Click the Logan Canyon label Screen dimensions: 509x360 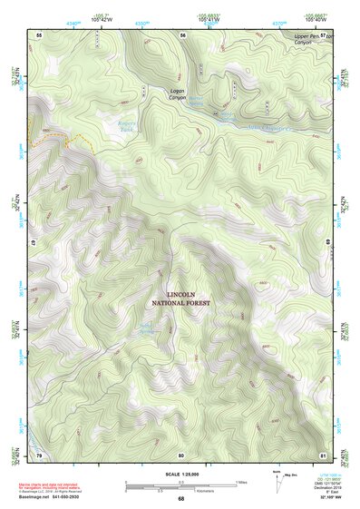point(179,93)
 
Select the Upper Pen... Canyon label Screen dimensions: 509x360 point(307,42)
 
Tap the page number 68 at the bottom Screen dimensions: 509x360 point(181,499)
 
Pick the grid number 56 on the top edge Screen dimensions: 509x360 point(183,34)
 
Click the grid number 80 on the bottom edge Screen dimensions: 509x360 point(181,454)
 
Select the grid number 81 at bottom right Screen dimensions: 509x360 point(321,454)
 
